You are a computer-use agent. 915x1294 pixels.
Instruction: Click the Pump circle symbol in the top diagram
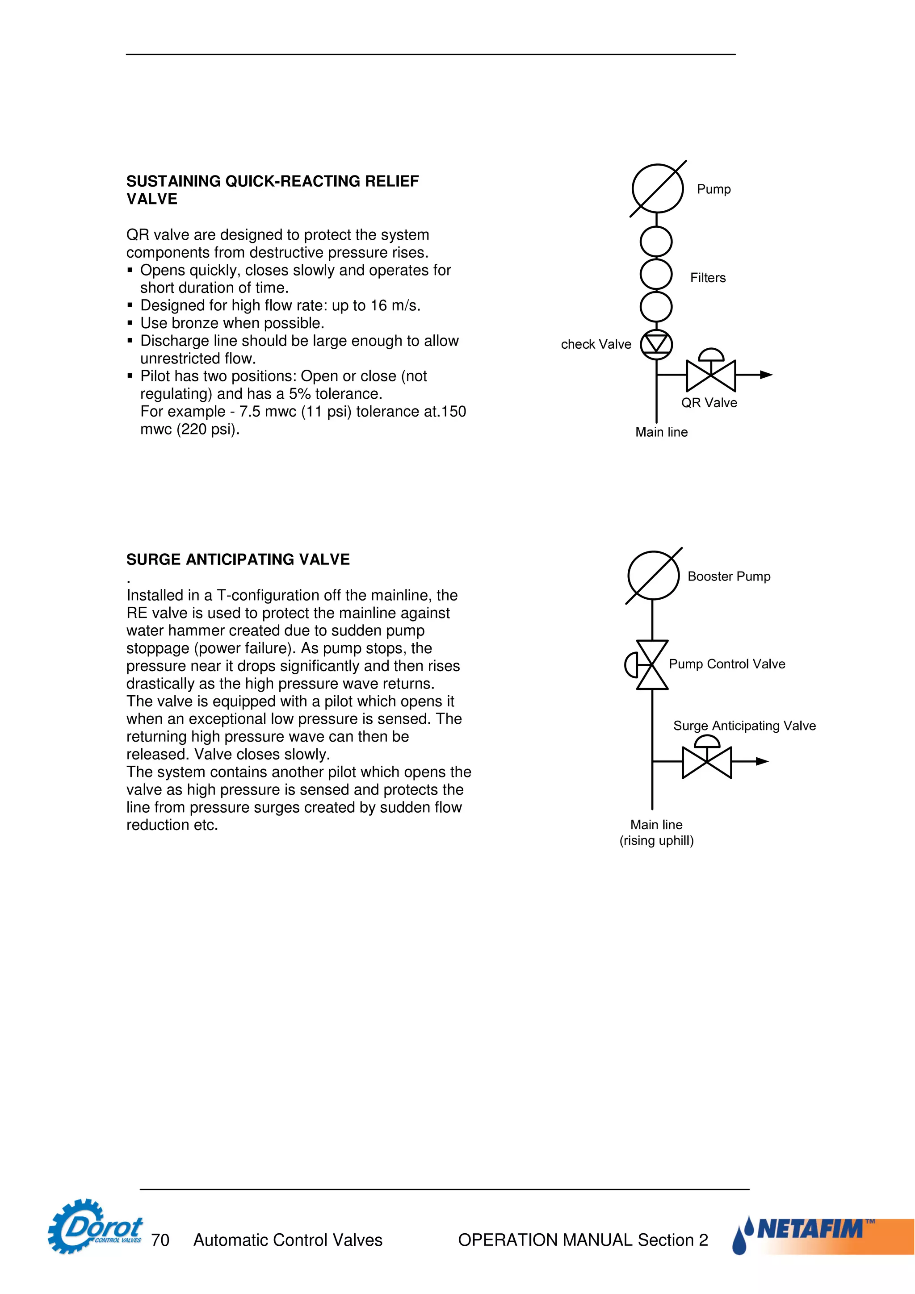657,189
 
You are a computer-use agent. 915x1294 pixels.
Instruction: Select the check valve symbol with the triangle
656,343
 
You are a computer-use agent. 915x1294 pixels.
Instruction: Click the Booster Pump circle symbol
653,576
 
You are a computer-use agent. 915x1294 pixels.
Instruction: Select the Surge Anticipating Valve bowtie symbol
706,762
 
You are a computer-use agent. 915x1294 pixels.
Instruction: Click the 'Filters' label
708,278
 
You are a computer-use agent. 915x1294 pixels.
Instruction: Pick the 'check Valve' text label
596,344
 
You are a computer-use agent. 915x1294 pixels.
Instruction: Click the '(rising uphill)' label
656,840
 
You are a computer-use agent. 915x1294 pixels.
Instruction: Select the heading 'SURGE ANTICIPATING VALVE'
238,559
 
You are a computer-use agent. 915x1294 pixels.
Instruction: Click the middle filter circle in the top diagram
656,275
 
